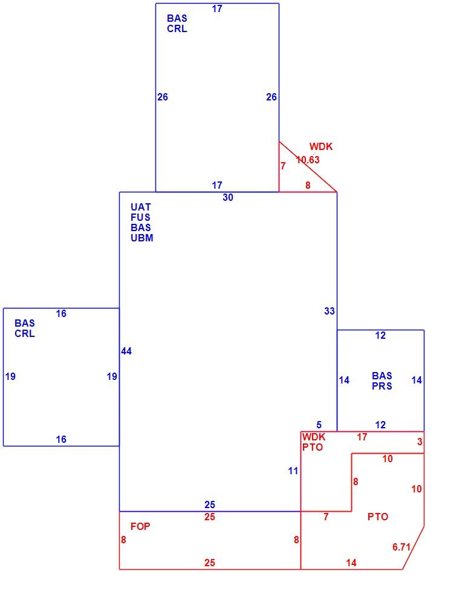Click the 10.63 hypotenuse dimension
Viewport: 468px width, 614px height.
tap(308, 160)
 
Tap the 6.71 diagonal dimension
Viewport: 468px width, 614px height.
tap(401, 547)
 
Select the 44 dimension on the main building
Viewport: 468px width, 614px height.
tap(126, 351)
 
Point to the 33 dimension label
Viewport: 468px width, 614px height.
tap(330, 311)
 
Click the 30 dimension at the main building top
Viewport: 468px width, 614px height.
tap(228, 197)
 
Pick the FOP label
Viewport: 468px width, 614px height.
tap(140, 526)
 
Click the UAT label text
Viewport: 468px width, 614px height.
tap(140, 207)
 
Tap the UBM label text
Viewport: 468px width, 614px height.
tap(141, 238)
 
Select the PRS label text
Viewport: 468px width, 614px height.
tap(382, 386)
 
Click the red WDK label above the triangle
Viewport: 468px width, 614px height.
tap(321, 146)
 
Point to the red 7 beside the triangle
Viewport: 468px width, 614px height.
tap(283, 166)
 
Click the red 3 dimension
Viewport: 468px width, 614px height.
tap(420, 442)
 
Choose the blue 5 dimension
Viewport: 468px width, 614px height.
tap(319, 425)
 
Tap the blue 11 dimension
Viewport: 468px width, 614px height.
tap(293, 471)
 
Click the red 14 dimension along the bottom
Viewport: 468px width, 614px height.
tap(351, 563)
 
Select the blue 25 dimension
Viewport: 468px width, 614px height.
tap(210, 505)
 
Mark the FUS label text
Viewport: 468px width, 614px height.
tap(140, 217)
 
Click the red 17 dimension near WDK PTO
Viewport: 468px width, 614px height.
tap(362, 437)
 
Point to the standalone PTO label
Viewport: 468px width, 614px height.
tap(378, 517)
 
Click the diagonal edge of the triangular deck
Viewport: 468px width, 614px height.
tap(308, 167)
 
